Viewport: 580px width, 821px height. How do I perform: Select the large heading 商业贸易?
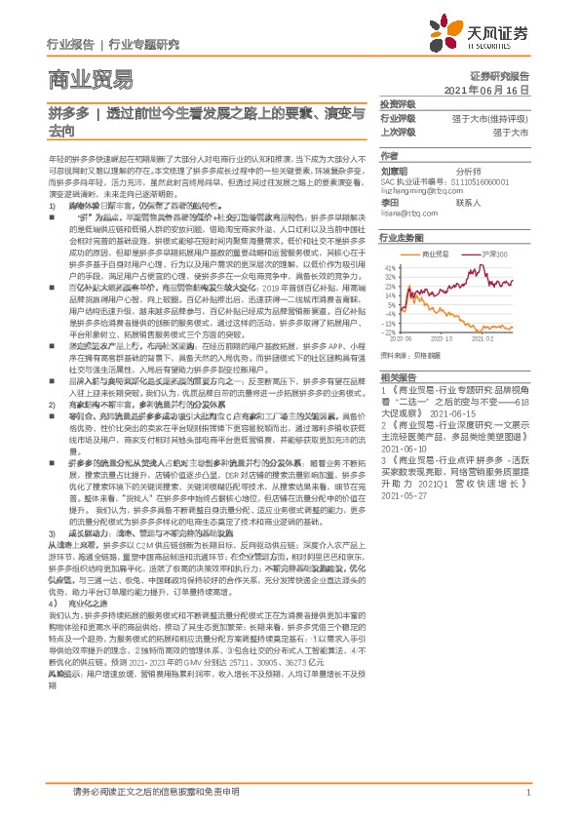click(89, 79)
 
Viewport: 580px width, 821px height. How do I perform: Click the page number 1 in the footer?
click(526, 794)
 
